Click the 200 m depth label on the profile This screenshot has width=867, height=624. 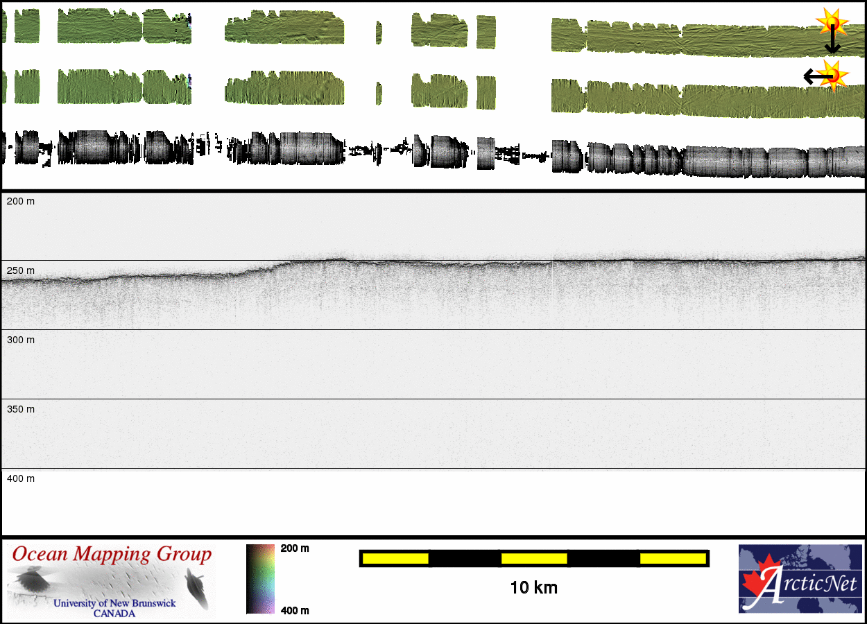(x=21, y=201)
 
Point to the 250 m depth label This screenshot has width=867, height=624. (x=21, y=270)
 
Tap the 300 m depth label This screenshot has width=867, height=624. (x=21, y=340)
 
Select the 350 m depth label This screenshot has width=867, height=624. (x=21, y=409)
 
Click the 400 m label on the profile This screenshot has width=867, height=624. (x=21, y=478)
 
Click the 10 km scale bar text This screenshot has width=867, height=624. (x=534, y=588)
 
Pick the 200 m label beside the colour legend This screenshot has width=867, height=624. (x=295, y=548)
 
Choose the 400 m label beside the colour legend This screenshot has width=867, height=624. (x=295, y=610)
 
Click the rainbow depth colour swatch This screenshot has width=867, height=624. (x=260, y=579)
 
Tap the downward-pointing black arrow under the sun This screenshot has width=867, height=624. (x=832, y=40)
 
